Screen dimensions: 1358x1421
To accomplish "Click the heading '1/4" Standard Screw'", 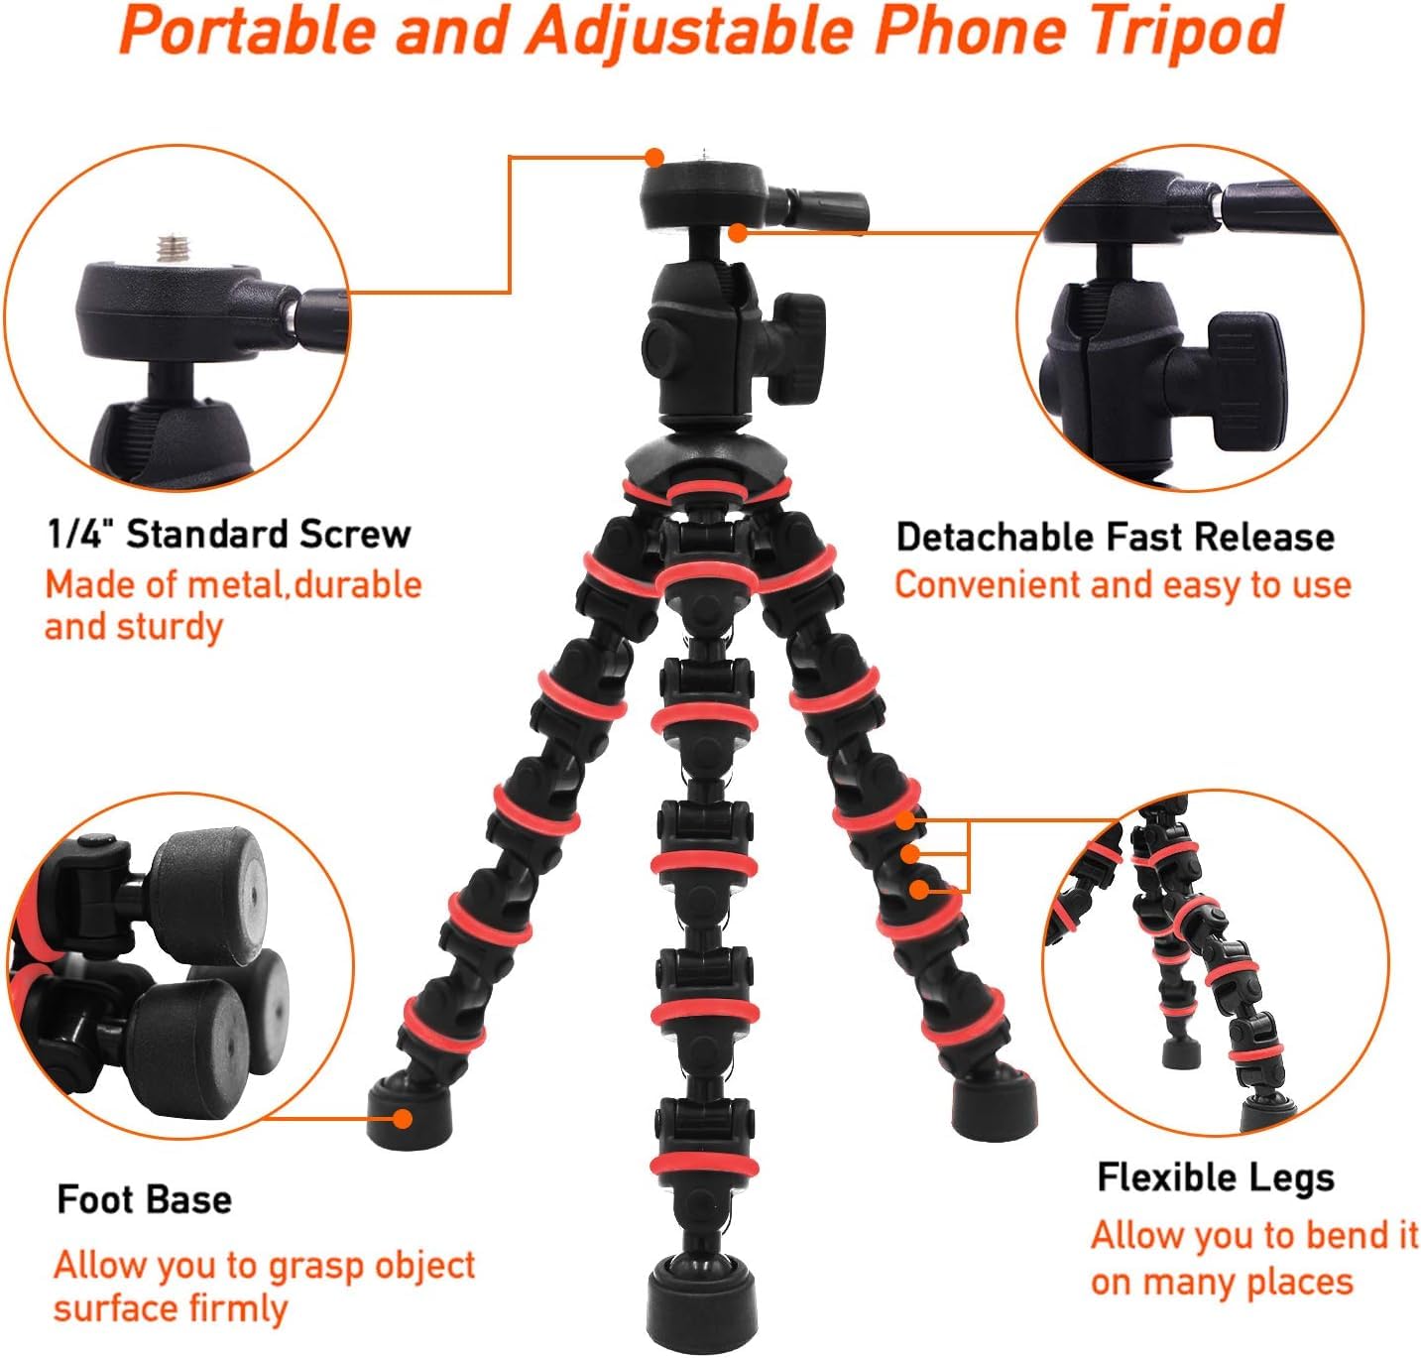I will point(229,534).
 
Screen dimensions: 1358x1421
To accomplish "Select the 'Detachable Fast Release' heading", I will point(1115,537).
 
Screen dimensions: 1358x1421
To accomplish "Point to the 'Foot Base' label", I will point(145,1199).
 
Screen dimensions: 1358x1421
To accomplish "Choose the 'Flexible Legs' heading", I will point(1215,1177).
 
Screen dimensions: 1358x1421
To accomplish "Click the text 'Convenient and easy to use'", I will point(1123,585).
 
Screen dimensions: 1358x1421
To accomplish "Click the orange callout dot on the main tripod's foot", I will point(402,1118).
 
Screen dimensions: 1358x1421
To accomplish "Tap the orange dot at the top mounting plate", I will point(653,157).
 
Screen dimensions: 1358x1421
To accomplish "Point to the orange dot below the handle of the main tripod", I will point(737,233).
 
